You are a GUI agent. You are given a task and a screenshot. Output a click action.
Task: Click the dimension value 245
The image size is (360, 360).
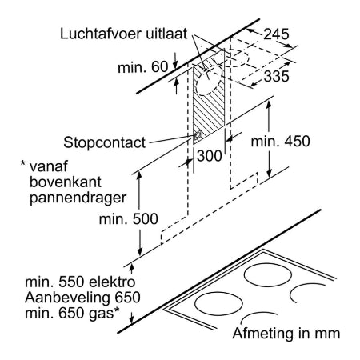click(x=276, y=34)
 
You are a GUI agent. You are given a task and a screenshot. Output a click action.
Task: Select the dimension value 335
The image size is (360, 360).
click(x=276, y=76)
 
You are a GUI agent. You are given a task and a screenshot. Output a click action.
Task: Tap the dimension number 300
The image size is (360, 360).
click(x=210, y=156)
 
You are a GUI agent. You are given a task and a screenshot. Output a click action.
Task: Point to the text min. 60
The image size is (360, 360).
click(x=143, y=67)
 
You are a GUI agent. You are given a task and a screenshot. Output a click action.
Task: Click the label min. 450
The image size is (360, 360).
click(x=280, y=142)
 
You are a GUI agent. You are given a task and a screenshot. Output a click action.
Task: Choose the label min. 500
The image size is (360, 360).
click(x=129, y=219)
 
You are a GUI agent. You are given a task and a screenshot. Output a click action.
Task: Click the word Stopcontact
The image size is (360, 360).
click(x=105, y=142)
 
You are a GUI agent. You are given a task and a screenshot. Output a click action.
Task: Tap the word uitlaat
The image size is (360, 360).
click(x=166, y=34)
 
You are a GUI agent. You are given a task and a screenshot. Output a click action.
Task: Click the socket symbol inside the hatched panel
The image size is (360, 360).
click(x=198, y=136)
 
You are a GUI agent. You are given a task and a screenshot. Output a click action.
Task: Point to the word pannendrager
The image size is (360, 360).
click(x=78, y=198)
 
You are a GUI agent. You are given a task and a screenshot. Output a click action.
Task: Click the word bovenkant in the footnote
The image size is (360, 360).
click(x=66, y=182)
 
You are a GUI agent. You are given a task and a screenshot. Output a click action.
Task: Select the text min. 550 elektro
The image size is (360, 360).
click(x=80, y=282)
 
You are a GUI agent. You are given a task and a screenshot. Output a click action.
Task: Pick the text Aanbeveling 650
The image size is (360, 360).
click(x=82, y=298)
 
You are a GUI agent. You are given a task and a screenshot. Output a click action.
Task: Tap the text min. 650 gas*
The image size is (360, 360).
click(x=72, y=313)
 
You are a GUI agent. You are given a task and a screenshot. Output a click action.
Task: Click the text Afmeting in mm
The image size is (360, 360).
click(x=286, y=334)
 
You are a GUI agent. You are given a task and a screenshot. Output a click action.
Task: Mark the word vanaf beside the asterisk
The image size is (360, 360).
click(x=49, y=166)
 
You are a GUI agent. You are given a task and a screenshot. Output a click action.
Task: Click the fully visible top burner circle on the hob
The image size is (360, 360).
click(x=268, y=264)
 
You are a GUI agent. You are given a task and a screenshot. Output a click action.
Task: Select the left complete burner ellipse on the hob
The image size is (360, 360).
click(x=218, y=292)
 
